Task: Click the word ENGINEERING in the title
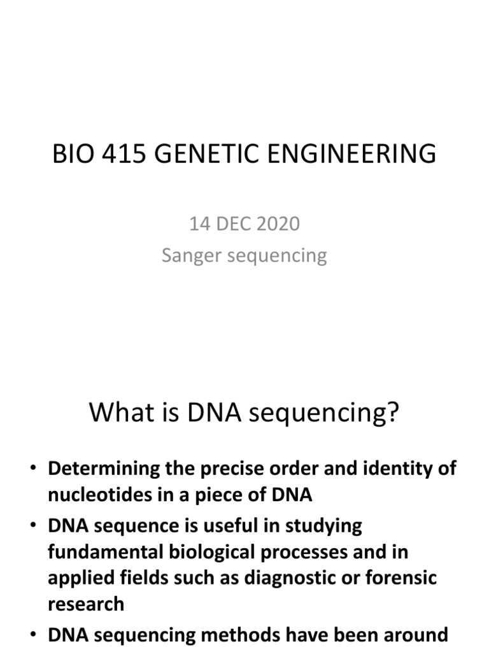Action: tap(356, 155)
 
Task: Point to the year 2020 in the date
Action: tap(277, 224)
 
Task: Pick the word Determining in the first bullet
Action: tap(102, 469)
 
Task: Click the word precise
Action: tap(230, 469)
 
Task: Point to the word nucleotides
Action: tap(96, 495)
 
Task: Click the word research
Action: tap(85, 604)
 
